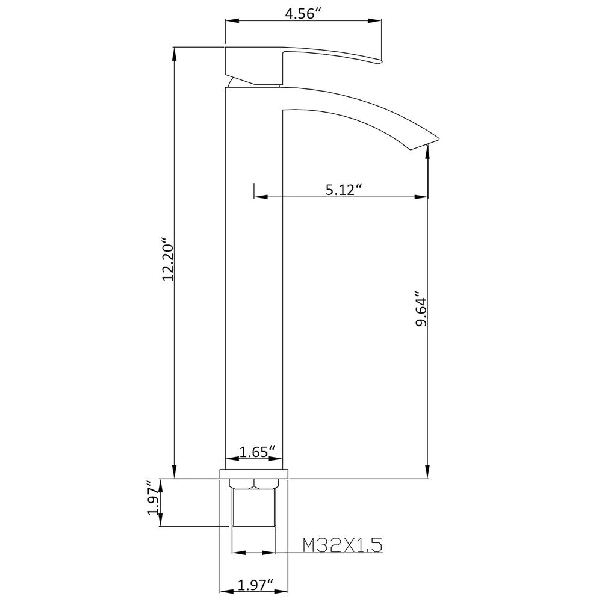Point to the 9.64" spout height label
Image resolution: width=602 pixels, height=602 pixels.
point(421,311)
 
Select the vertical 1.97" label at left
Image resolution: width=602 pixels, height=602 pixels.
point(154,502)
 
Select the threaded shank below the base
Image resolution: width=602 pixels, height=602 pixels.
point(253,509)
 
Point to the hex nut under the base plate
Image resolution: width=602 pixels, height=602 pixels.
point(255,483)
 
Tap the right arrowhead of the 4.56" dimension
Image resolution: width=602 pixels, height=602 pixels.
point(377,22)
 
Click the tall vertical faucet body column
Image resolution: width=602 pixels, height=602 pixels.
point(253,271)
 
